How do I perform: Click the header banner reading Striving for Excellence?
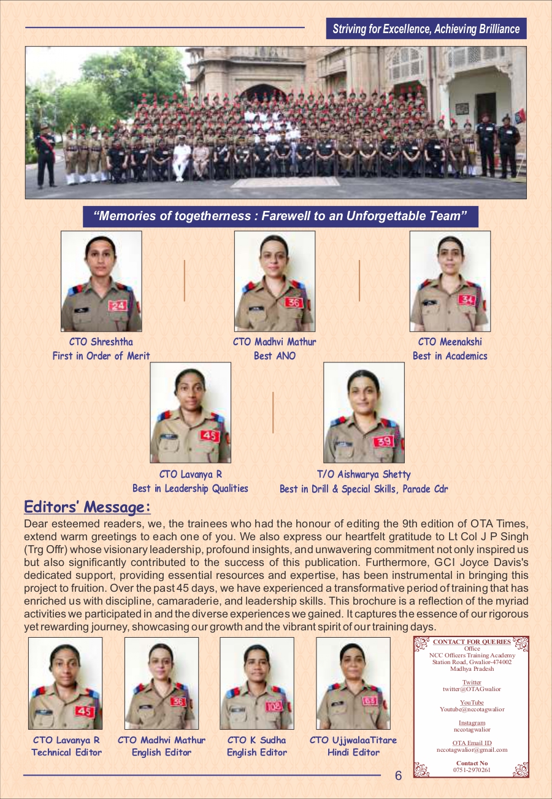pos(426,29)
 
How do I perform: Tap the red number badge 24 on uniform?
pos(117,305)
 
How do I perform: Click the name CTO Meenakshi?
pos(450,342)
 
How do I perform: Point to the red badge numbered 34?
pos(467,300)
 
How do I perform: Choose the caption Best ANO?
pos(274,356)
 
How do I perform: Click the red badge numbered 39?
pos(383,441)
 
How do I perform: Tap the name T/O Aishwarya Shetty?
pos(364,474)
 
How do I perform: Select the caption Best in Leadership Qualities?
pos(190,489)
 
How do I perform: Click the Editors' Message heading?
pos(87,507)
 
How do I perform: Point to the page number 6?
pos(398,776)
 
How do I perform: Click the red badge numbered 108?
pos(274,706)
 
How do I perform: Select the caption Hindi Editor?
pos(353,752)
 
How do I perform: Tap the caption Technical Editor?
pos(66,752)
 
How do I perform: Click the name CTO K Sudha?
pos(256,740)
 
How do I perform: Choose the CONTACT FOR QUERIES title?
pos(472,642)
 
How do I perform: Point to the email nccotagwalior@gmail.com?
pos(472,749)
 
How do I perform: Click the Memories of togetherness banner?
pos(280,216)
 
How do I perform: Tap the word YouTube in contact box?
pos(472,702)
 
